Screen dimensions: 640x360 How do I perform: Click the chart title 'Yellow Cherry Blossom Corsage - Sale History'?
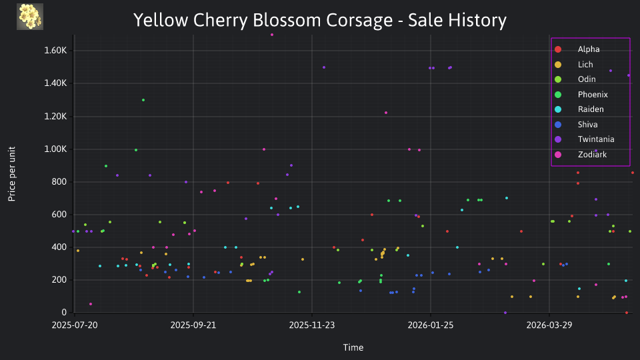tap(319, 20)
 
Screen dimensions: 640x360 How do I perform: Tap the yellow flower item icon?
tap(30, 17)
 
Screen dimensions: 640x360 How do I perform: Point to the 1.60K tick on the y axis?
tap(55, 51)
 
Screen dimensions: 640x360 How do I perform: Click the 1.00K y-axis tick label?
tap(55, 149)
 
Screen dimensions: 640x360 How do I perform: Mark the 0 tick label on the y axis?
tap(64, 312)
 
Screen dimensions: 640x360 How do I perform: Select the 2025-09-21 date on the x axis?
tap(193, 325)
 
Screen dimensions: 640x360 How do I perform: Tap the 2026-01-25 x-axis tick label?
tap(431, 325)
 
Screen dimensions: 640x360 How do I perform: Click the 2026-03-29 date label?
tap(549, 325)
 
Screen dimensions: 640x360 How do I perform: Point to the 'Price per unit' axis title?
tap(12, 174)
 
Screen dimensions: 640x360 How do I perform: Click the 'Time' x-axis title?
tap(353, 347)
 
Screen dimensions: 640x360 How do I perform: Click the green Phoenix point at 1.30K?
tap(143, 100)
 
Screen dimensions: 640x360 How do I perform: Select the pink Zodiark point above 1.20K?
tap(386, 113)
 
